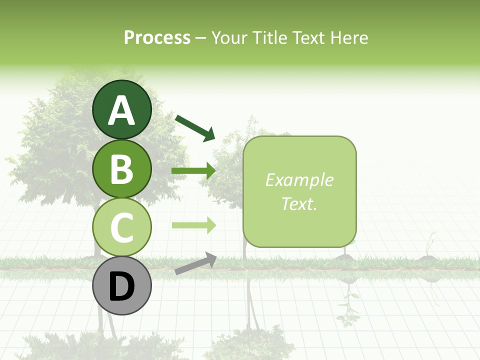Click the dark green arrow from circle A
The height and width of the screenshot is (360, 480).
pyautogui.click(x=194, y=127)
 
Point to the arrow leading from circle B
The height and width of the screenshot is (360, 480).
pyautogui.click(x=193, y=171)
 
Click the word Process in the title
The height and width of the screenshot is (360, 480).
pyautogui.click(x=157, y=37)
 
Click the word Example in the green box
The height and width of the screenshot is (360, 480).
pyautogui.click(x=299, y=180)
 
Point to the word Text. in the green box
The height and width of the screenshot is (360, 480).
pyautogui.click(x=299, y=203)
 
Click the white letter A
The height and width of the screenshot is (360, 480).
pyautogui.click(x=122, y=110)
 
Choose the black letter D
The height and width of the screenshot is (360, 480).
pyautogui.click(x=122, y=286)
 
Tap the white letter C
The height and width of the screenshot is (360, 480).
pyautogui.click(x=122, y=227)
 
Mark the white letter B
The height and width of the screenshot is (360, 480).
pyautogui.click(x=122, y=169)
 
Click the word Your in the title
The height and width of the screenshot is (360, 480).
pyautogui.click(x=229, y=37)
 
